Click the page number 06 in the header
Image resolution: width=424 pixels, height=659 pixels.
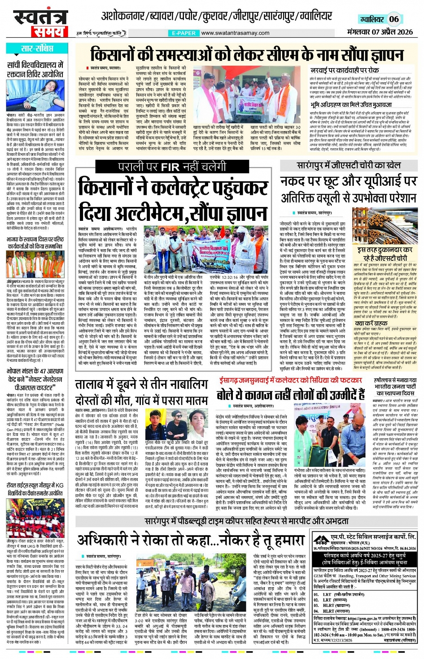tap(393, 19)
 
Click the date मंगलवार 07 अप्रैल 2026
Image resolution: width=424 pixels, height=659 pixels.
tap(380, 32)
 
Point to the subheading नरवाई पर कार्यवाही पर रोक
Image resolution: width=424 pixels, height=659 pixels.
tap(345, 70)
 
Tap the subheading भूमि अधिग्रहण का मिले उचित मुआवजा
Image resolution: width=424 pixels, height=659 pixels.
tap(351, 105)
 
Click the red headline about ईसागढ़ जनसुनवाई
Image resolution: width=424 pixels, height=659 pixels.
tap(291, 381)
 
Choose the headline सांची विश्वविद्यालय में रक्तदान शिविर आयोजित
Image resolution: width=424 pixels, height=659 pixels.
tap(35, 69)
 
